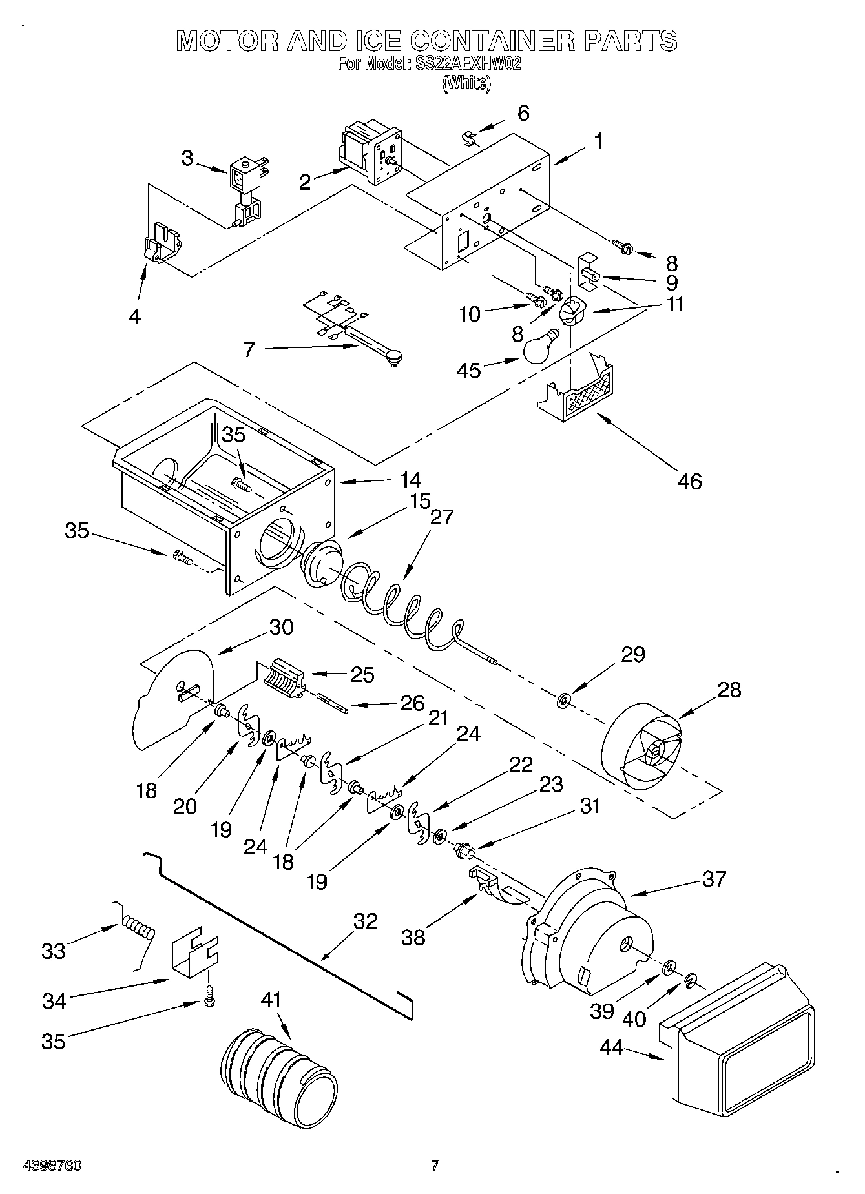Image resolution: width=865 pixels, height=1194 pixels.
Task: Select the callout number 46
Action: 690,480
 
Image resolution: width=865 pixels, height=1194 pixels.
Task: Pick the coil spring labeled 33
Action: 137,930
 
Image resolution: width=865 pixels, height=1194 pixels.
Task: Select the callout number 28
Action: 729,690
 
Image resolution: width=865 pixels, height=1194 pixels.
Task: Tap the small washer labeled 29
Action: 564,700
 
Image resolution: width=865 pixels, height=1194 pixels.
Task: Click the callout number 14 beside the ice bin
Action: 410,480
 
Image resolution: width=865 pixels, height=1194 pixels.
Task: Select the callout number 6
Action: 523,113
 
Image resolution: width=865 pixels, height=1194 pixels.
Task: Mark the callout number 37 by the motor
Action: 714,879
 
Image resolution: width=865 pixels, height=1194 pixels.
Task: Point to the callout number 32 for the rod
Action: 366,921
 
